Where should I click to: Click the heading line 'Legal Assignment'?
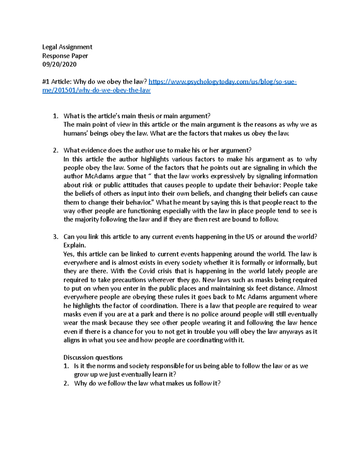67,47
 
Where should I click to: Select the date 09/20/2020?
59,64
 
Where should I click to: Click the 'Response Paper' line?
65,56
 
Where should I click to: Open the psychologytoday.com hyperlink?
222,82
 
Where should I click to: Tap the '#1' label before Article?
46,82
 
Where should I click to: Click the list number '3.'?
55,237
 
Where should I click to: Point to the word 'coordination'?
159,306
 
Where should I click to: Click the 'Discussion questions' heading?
93,357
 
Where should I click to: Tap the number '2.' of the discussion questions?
66,383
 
